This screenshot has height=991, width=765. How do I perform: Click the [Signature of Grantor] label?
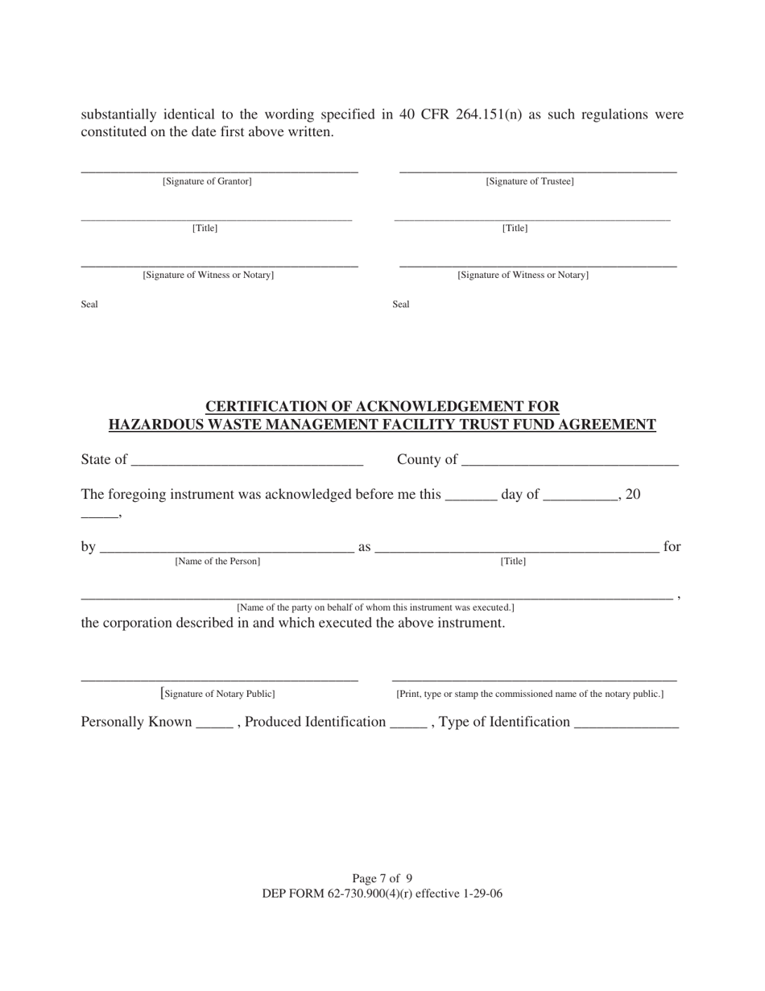point(207,181)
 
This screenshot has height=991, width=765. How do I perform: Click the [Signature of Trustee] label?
point(530,181)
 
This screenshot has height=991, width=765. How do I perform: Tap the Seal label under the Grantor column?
point(89,305)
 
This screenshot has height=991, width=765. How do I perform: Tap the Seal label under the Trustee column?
point(401,305)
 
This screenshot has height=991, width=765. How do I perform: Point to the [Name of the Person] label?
point(217,561)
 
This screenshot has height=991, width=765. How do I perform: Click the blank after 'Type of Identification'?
point(626,724)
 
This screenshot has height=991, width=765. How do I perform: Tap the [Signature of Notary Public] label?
point(218,694)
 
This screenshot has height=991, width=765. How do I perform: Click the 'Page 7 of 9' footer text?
point(382,878)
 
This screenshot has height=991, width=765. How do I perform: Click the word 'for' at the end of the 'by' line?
point(672,547)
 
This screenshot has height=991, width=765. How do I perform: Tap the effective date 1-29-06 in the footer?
point(479,894)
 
